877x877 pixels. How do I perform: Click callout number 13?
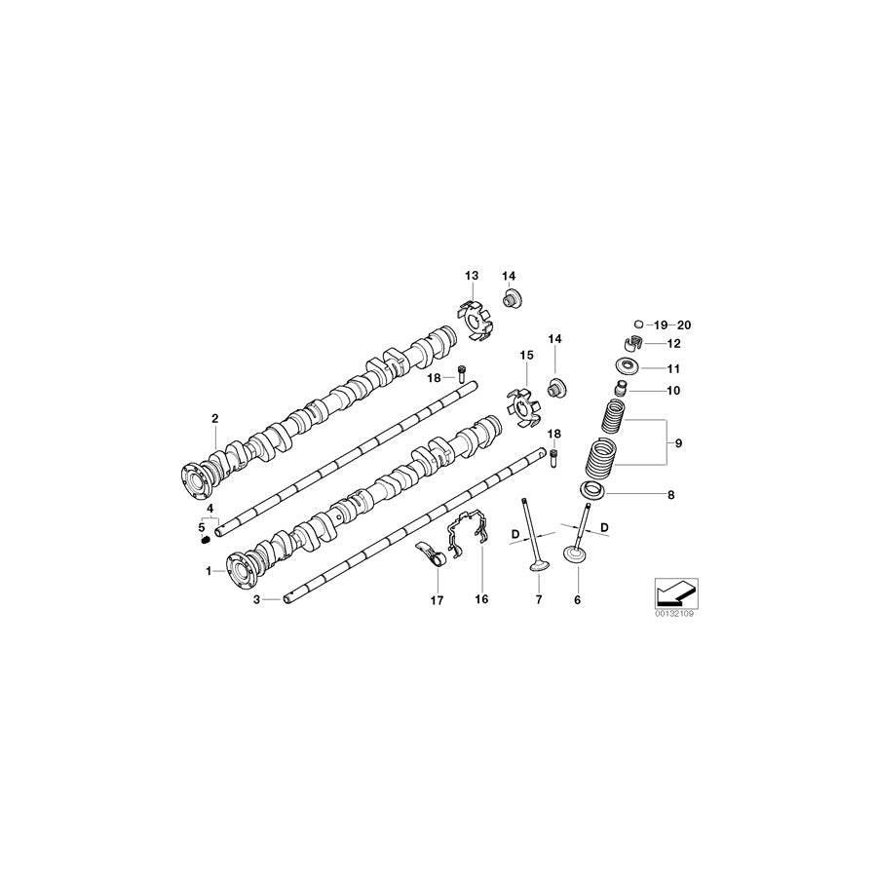click(472, 277)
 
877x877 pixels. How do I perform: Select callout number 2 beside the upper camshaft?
click(214, 420)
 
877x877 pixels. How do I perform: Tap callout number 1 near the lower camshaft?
click(208, 571)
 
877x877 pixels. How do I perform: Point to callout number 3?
click(257, 601)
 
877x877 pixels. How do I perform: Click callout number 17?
click(437, 601)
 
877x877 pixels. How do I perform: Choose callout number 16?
click(480, 600)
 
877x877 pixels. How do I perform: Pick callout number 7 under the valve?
click(538, 600)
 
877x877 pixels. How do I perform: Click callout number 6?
click(577, 600)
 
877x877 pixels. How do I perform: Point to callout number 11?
click(673, 368)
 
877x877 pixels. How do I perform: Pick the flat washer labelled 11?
click(627, 367)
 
